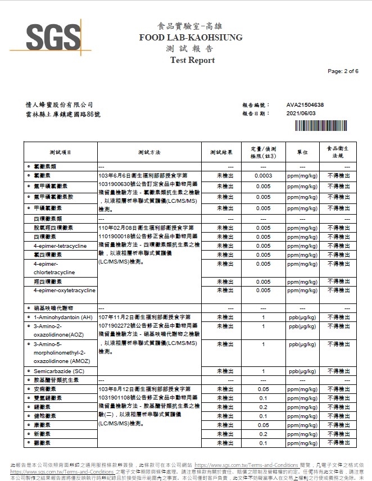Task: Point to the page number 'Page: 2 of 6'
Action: [342, 71]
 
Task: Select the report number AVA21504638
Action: [305, 105]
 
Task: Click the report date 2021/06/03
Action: [301, 113]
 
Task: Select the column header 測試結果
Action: [221, 152]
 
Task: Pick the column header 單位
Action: [302, 152]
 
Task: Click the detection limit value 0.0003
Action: [263, 176]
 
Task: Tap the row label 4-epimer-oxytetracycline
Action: [64, 291]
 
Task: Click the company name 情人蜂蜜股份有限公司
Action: [60, 105]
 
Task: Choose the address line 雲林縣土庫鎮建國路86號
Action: [63, 114]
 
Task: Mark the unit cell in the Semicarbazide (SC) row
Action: [302, 371]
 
